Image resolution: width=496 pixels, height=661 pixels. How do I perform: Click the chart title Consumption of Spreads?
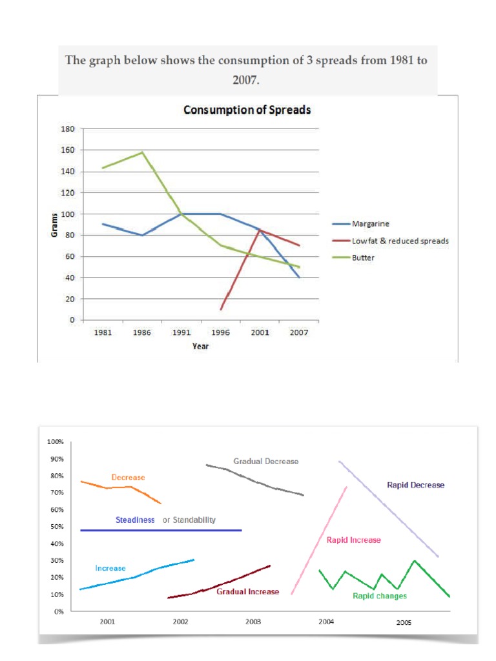(247, 110)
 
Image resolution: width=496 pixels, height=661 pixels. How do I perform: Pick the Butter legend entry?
(364, 258)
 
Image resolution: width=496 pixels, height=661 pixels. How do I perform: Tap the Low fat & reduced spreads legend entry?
(400, 241)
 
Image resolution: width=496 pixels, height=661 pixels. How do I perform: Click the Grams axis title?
(54, 224)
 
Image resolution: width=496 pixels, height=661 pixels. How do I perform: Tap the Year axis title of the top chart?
(200, 346)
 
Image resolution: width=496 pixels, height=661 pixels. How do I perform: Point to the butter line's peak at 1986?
(142, 152)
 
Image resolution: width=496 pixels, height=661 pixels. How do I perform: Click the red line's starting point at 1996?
(221, 309)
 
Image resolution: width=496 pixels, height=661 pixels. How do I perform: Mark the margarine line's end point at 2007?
(299, 278)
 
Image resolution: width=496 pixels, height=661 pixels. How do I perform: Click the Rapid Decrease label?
(415, 485)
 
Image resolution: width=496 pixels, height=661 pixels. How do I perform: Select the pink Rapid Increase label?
(353, 540)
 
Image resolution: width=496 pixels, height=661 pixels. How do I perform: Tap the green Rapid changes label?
(380, 596)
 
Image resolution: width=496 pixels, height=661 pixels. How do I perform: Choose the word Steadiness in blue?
(135, 520)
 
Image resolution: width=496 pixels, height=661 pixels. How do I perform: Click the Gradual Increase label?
(248, 591)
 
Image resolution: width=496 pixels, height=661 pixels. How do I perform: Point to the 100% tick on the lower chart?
(55, 442)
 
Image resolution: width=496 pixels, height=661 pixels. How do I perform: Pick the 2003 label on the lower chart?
(253, 622)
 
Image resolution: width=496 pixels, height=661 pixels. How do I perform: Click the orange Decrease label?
(128, 477)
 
